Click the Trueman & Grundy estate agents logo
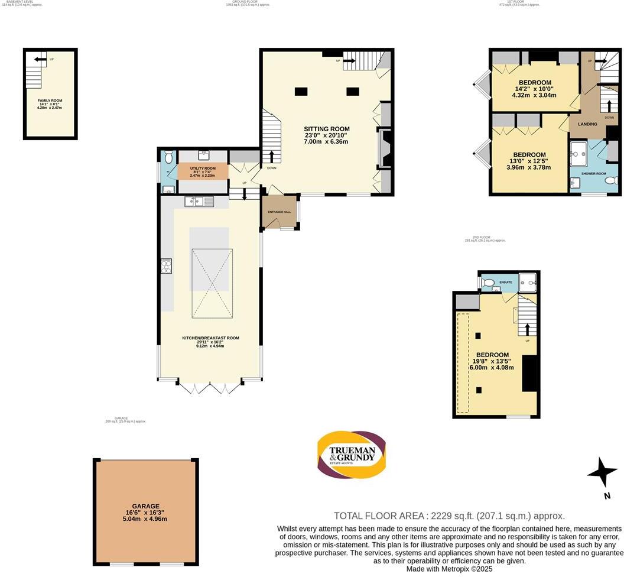pyautogui.click(x=352, y=455)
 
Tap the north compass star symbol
pyautogui.click(x=602, y=474)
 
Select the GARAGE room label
pyautogui.click(x=145, y=506)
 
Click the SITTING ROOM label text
pyautogui.click(x=326, y=129)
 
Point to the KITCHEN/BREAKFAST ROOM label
pyautogui.click(x=210, y=338)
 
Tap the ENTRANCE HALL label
pyautogui.click(x=279, y=211)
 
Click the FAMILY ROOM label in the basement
pyautogui.click(x=50, y=101)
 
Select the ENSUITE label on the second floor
pyautogui.click(x=506, y=283)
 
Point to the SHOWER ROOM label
pyautogui.click(x=594, y=174)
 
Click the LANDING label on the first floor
pyautogui.click(x=587, y=124)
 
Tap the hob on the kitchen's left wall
pyautogui.click(x=166, y=267)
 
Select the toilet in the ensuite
pyautogui.click(x=487, y=283)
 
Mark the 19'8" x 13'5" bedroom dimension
pyautogui.click(x=492, y=361)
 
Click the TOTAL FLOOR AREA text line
pyautogui.click(x=449, y=516)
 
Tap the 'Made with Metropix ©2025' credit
pyautogui.click(x=449, y=569)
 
